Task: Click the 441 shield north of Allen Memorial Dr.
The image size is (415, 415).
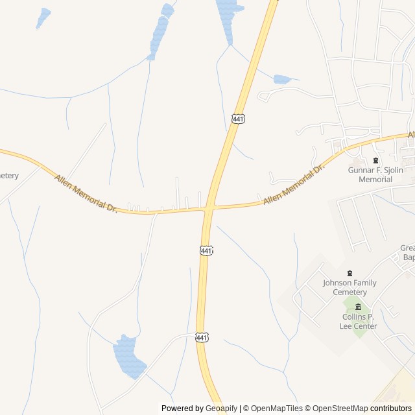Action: click(x=238, y=119)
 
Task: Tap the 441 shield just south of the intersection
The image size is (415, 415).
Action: click(x=206, y=250)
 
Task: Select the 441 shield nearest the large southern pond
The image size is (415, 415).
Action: click(x=202, y=337)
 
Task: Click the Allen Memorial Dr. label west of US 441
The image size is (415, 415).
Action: click(x=86, y=194)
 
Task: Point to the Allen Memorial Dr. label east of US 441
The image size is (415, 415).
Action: click(x=293, y=186)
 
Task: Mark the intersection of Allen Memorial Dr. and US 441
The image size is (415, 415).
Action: click(x=209, y=208)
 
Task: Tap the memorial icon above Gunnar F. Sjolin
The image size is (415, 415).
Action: click(x=375, y=160)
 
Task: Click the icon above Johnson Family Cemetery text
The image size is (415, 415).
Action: click(x=350, y=273)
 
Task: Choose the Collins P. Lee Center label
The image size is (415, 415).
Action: click(x=358, y=322)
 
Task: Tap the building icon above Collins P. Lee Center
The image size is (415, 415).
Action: click(x=358, y=307)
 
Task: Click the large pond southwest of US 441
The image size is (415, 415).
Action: click(x=129, y=357)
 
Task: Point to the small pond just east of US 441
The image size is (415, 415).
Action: click(x=282, y=79)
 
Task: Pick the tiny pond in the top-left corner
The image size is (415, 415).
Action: click(x=43, y=17)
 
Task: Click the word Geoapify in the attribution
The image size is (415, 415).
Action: click(x=222, y=409)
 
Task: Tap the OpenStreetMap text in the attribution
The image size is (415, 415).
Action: click(x=340, y=409)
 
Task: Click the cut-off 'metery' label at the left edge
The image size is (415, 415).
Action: click(x=9, y=176)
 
